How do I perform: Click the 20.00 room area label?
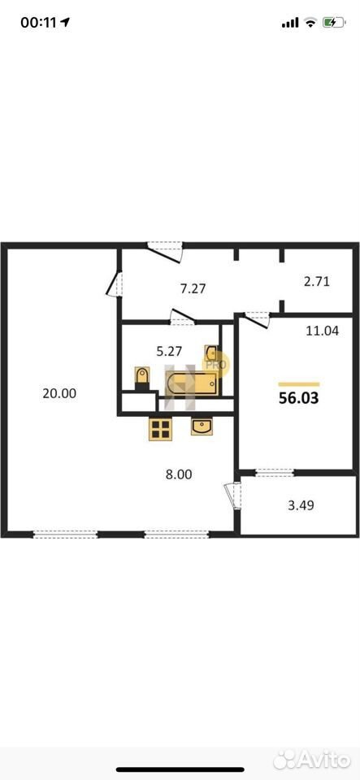point(59,393)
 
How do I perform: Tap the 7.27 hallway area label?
point(193,288)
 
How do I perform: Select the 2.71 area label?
point(317,282)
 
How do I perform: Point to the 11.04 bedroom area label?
point(322,330)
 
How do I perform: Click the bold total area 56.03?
point(299,398)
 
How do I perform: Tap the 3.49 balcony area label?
point(301,505)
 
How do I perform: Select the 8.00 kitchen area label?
point(179,474)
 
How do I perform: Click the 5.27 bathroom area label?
point(170,351)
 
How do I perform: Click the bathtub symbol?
point(192,383)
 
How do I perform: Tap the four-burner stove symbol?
point(161,429)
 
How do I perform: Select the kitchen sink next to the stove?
point(202,427)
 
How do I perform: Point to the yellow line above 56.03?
point(299,384)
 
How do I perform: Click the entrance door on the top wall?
point(166,251)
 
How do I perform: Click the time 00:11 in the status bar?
point(39,23)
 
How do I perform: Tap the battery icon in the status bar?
point(334,23)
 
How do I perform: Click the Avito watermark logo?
point(312,759)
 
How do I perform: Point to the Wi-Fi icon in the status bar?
point(310,23)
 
